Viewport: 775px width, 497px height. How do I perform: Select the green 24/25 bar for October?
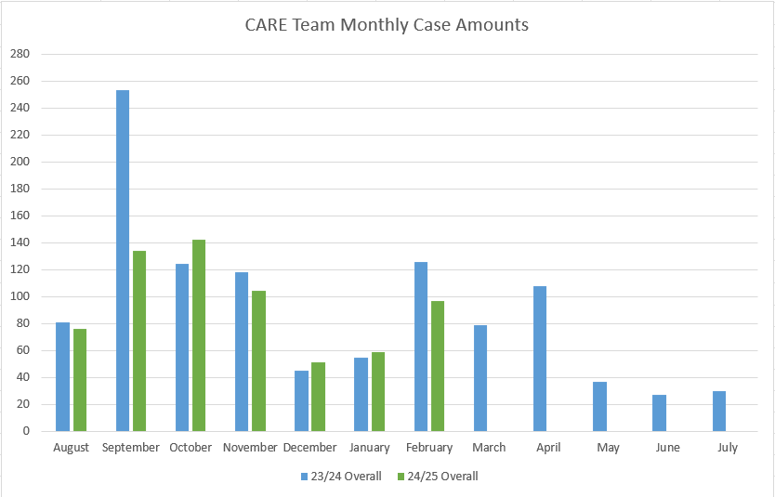(199, 335)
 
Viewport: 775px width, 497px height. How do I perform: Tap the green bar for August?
(80, 380)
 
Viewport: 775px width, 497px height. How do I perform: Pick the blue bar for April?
(540, 359)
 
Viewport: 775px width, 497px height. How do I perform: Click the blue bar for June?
(659, 413)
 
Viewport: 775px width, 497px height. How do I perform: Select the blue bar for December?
(301, 400)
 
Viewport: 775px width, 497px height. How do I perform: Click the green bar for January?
(378, 391)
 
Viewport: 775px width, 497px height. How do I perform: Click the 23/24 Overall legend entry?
(340, 477)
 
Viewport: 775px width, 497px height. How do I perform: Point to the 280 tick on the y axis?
(20, 54)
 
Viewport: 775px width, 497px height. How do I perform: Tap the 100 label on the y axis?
(20, 296)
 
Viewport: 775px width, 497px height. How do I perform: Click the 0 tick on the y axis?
(26, 431)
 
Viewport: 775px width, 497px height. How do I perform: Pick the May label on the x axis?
(608, 448)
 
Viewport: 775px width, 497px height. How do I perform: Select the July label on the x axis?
(727, 448)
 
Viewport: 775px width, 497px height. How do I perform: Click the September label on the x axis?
(131, 448)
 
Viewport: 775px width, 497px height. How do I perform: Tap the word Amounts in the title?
(493, 25)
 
